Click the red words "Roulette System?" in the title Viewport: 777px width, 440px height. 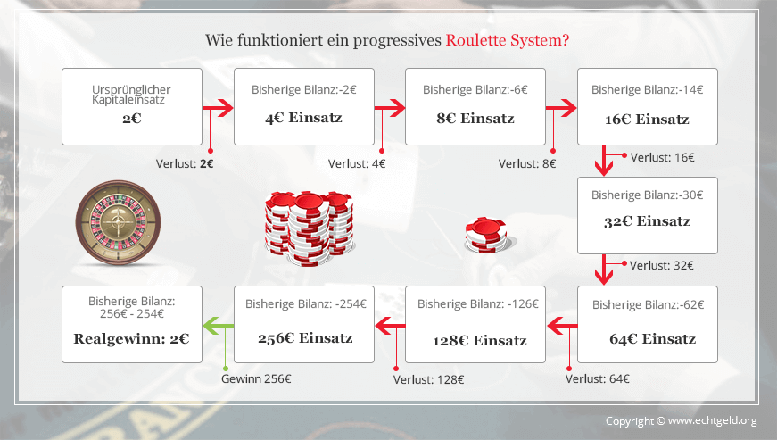[508, 40]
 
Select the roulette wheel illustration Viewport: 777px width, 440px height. [118, 222]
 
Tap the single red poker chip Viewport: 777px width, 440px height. [485, 235]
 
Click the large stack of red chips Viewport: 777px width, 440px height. [309, 228]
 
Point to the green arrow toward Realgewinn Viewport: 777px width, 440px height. [218, 326]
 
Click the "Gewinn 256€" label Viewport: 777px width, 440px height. [256, 379]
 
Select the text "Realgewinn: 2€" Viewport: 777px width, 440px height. [131, 339]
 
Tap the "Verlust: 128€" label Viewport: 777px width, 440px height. [428, 380]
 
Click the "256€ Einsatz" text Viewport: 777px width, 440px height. [305, 338]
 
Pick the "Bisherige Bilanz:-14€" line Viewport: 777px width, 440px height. [647, 89]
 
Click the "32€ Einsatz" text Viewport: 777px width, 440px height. [647, 221]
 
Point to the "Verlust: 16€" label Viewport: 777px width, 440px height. [663, 158]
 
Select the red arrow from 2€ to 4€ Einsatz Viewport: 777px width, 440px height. [218, 107]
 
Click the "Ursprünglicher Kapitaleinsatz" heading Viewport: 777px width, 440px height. [131, 95]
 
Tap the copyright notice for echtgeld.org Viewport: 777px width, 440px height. [682, 421]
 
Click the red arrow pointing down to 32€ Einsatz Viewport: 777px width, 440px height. [604, 161]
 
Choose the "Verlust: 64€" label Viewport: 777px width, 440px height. [597, 379]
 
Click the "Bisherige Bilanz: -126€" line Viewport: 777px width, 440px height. [477, 303]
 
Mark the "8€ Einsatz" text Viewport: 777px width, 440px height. [475, 119]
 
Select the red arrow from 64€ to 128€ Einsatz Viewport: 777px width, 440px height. [562, 326]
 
